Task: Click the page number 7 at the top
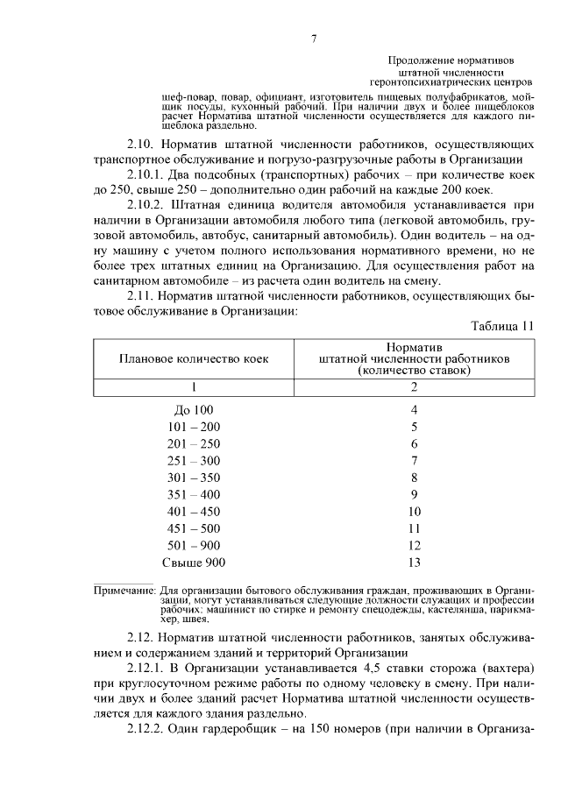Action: (x=313, y=39)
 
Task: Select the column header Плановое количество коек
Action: (x=194, y=358)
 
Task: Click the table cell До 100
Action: (x=194, y=409)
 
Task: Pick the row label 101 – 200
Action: (x=194, y=427)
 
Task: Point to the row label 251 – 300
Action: (x=194, y=461)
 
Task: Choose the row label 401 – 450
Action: (x=194, y=512)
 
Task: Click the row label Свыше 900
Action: (x=194, y=563)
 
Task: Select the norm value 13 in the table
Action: (x=415, y=563)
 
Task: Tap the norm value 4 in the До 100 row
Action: (x=415, y=409)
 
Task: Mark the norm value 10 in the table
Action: (x=415, y=512)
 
